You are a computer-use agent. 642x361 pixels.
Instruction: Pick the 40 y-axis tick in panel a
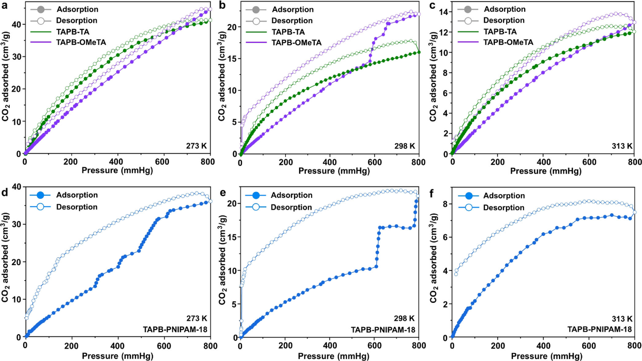pos(16,24)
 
